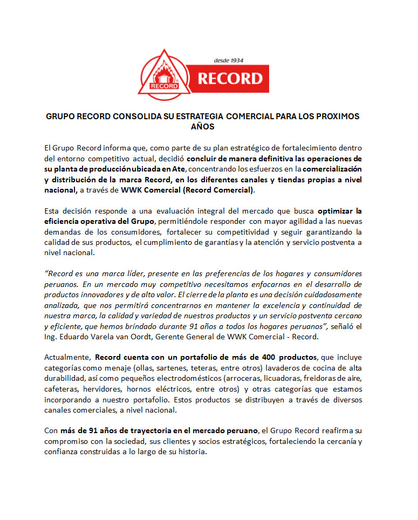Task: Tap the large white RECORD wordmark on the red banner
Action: click(x=229, y=79)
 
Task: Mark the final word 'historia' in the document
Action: click(x=192, y=452)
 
